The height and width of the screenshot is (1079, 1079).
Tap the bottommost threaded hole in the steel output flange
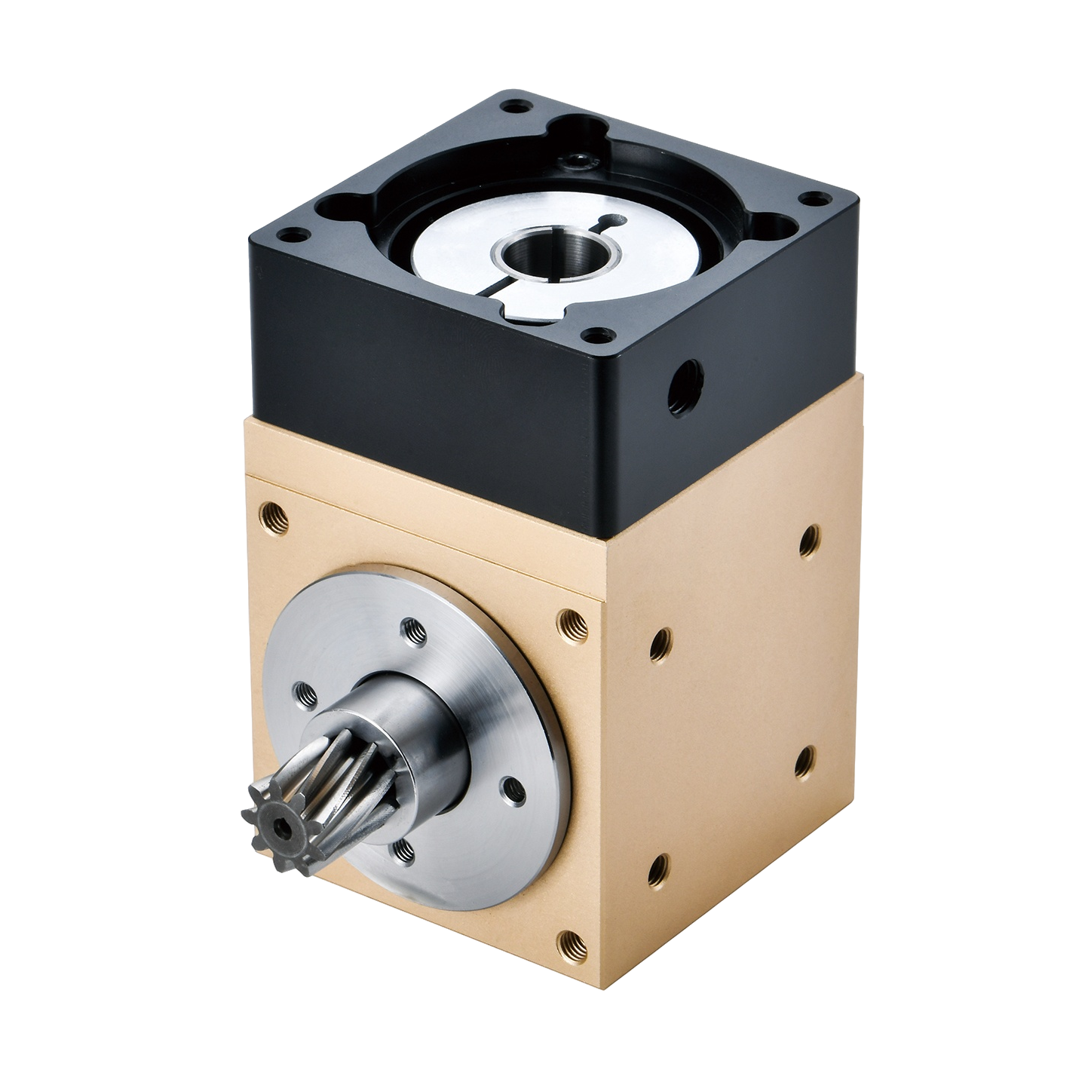pos(404,851)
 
